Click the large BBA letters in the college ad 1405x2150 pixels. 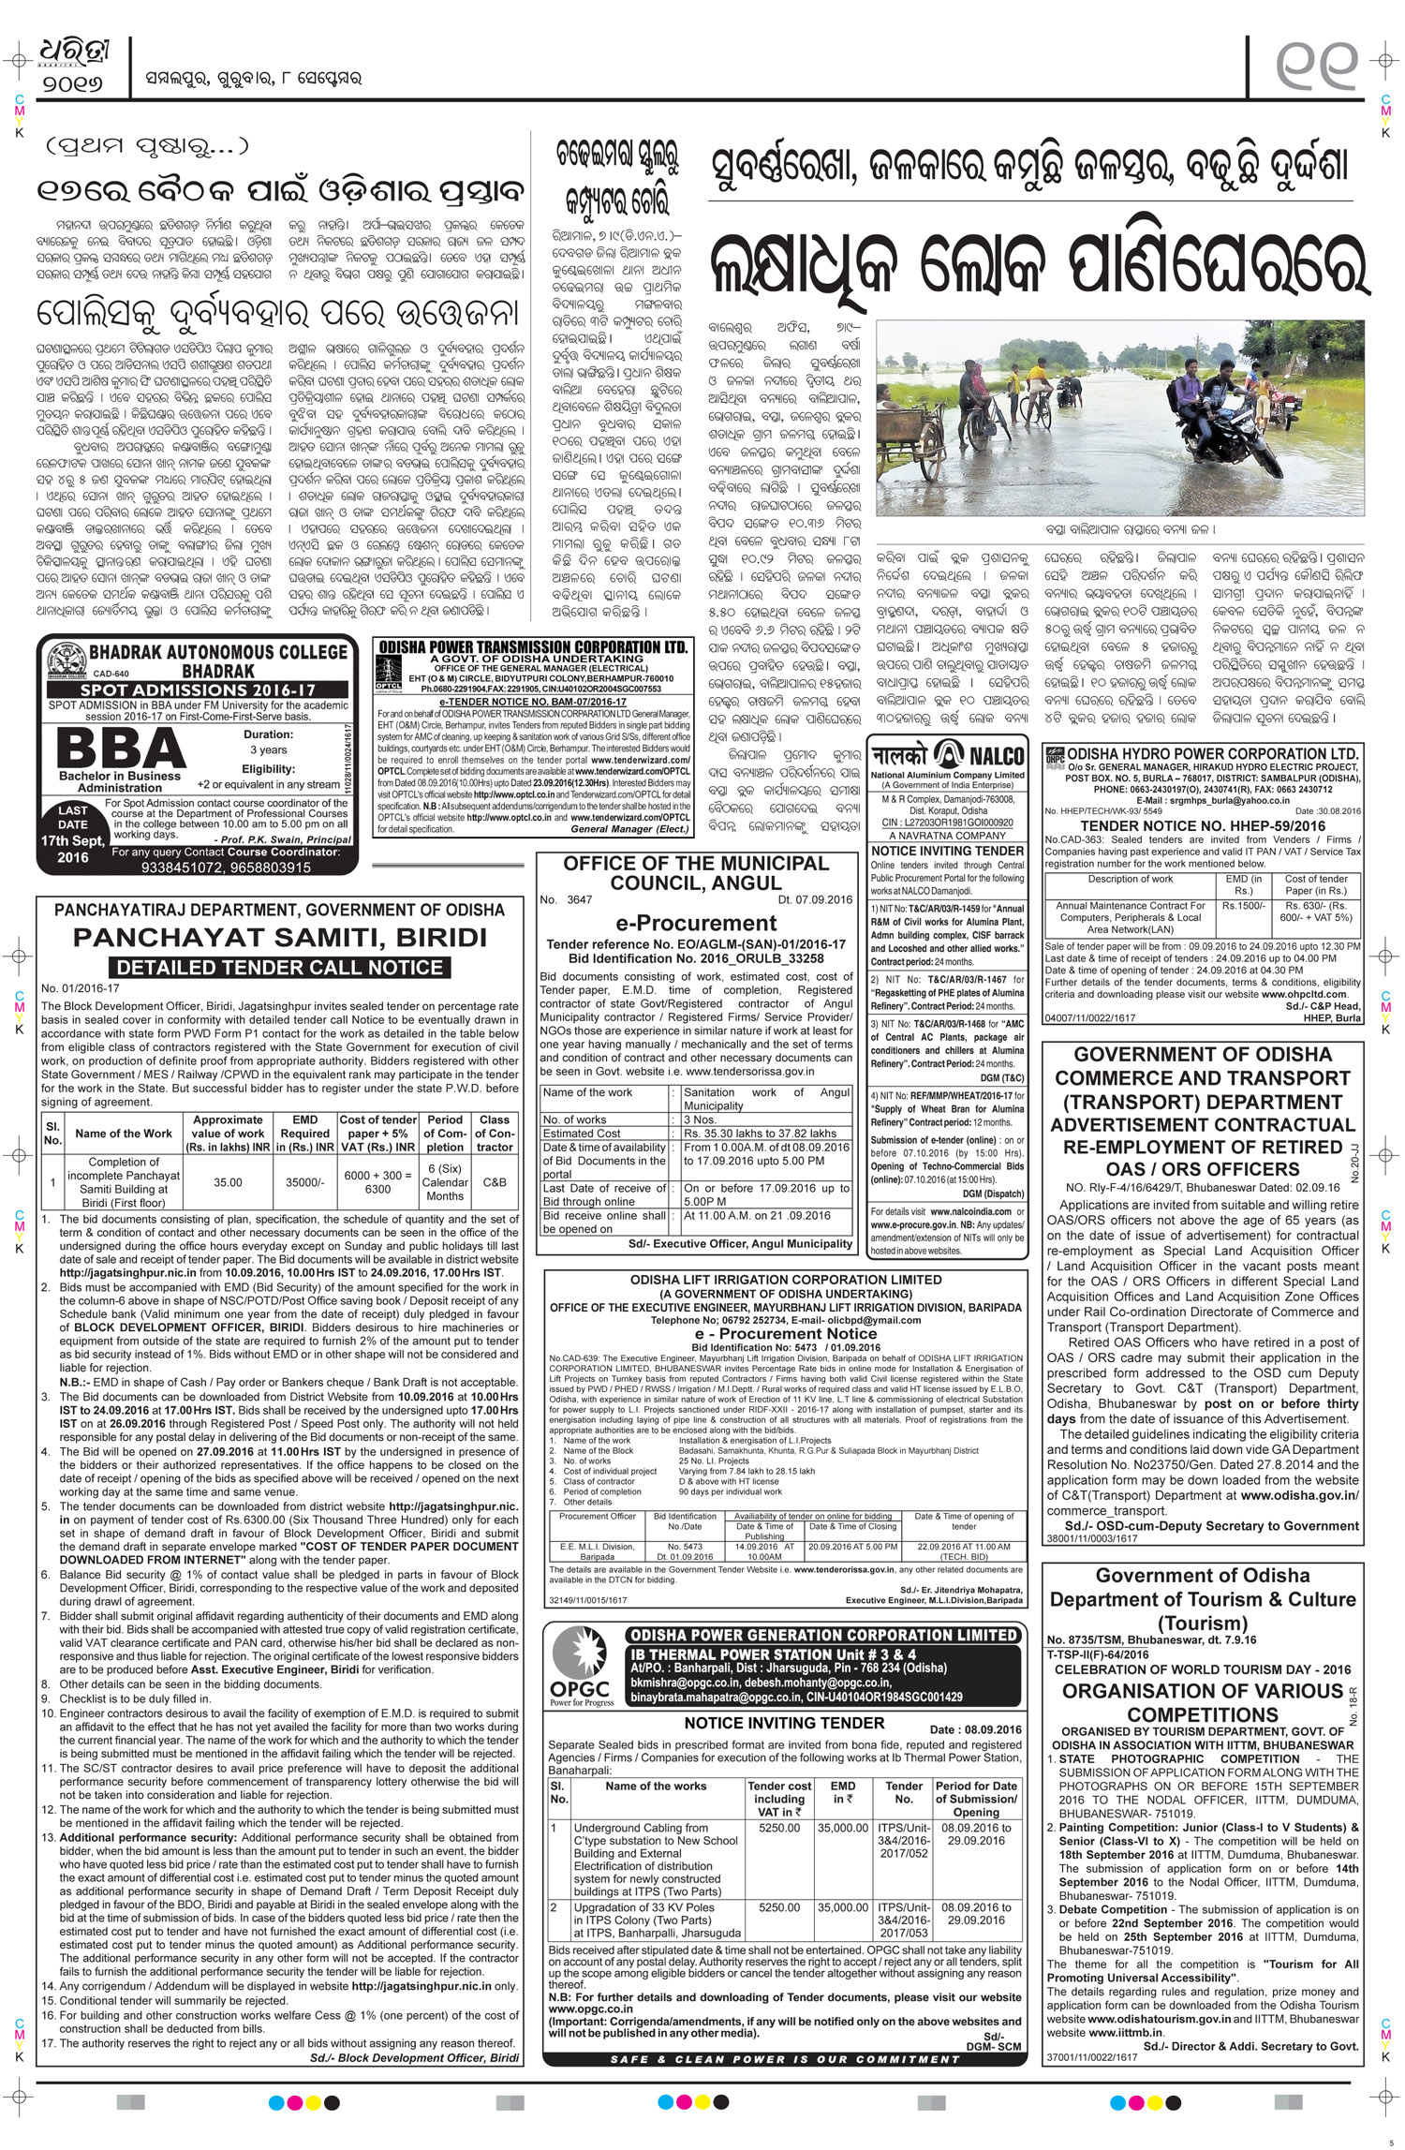click(x=122, y=748)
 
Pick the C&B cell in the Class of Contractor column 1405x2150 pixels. click(x=495, y=1181)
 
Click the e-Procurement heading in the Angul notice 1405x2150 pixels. click(x=696, y=923)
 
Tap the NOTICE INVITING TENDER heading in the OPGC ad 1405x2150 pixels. click(x=784, y=1722)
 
